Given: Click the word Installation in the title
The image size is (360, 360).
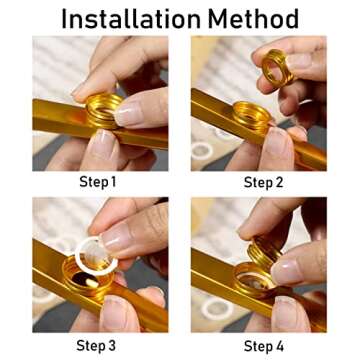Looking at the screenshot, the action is click(x=131, y=19).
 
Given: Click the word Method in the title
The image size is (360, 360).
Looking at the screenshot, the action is click(x=253, y=19).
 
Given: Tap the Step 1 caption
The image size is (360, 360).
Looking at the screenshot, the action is click(x=97, y=182).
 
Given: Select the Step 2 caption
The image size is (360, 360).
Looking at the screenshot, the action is click(x=263, y=182).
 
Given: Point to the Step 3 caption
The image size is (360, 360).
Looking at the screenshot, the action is click(x=96, y=345).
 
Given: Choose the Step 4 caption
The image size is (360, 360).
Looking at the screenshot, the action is click(x=264, y=346).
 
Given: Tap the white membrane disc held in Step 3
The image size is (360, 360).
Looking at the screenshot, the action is click(x=96, y=256).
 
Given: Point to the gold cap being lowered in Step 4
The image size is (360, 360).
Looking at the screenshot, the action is click(x=264, y=253).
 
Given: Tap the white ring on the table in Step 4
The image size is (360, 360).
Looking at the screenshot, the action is click(x=217, y=309).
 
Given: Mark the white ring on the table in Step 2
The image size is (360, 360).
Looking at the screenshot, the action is click(x=202, y=151).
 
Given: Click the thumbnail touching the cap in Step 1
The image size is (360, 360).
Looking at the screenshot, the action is click(x=127, y=114).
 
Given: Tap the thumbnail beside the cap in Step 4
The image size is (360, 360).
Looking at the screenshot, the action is click(x=288, y=272).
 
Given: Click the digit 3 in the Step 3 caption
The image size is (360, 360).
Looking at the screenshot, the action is click(x=111, y=345).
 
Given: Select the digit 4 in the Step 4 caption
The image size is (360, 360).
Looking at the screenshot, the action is click(x=279, y=346).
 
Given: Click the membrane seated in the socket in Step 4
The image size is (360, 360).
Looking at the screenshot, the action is click(x=256, y=280).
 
